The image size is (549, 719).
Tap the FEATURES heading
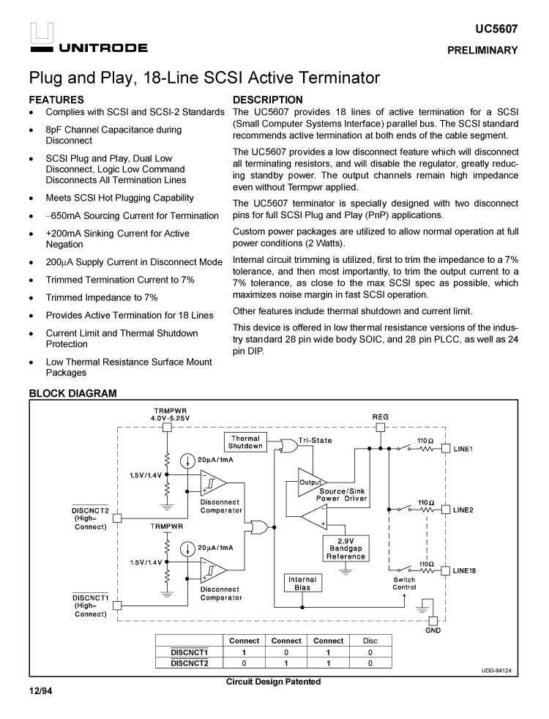point(56,100)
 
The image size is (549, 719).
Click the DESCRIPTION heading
point(267,100)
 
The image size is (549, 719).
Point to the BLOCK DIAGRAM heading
point(72,393)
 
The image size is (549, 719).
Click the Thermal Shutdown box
point(245,442)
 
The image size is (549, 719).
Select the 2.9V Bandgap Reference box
point(346,549)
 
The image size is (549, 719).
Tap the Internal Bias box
point(302,584)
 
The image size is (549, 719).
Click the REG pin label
point(381,416)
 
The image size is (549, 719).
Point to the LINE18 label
point(466,570)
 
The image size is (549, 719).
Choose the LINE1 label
point(463,447)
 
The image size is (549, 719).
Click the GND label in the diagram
point(433,630)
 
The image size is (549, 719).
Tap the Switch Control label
point(404,584)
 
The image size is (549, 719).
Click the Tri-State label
point(315,440)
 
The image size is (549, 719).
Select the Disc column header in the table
point(370,641)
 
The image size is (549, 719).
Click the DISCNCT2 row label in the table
point(190,663)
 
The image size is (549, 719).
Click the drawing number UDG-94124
point(496,671)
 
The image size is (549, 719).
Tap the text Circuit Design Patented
point(273,682)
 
